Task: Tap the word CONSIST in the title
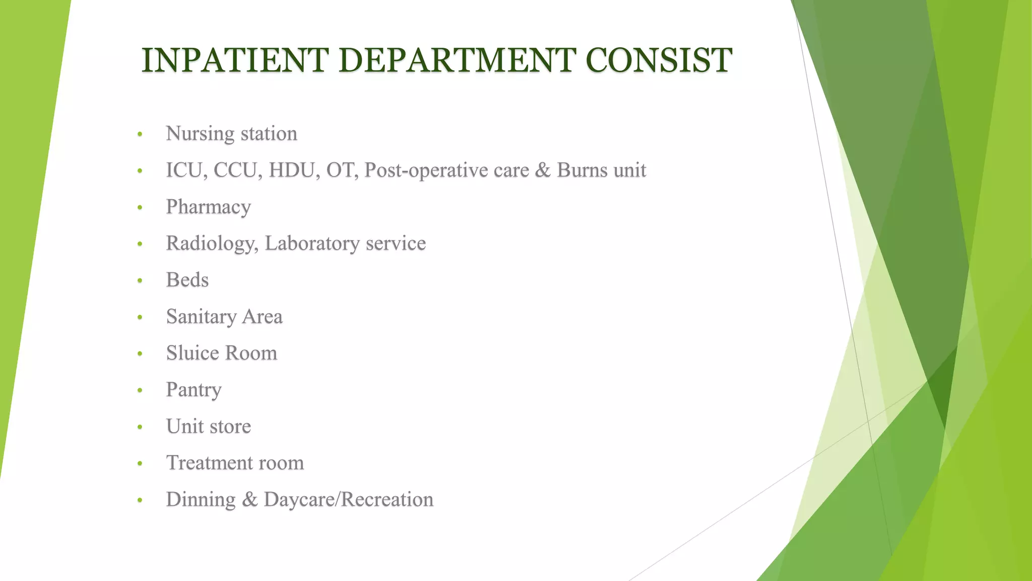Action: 659,61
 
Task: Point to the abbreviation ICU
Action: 183,170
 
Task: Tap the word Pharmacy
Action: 208,207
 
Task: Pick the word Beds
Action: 187,280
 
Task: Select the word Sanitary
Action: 201,317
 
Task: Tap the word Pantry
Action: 193,390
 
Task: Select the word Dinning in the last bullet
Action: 201,500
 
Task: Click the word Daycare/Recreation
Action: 348,500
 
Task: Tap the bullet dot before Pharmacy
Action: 140,208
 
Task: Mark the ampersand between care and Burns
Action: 543,170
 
